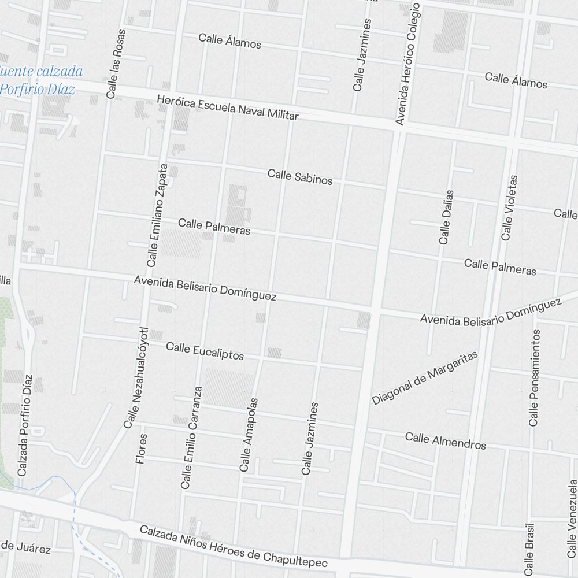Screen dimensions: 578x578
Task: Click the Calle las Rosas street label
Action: point(116,64)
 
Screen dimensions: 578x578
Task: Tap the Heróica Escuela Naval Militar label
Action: point(227,108)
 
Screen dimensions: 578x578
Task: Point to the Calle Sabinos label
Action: point(300,177)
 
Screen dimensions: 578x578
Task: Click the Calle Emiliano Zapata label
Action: point(157,215)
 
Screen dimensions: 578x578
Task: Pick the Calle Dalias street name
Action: point(446,217)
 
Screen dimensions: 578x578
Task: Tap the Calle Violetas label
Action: point(509,208)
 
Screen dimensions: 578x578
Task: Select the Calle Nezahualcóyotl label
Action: point(136,378)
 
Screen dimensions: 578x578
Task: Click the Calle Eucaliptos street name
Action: point(205,351)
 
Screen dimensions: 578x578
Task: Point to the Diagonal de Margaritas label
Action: point(425,377)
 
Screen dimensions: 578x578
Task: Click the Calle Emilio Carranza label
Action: point(191,438)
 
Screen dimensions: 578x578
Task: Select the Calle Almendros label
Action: point(445,441)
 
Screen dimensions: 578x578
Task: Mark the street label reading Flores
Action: point(140,449)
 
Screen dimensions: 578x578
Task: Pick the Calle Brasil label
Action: point(529,549)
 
